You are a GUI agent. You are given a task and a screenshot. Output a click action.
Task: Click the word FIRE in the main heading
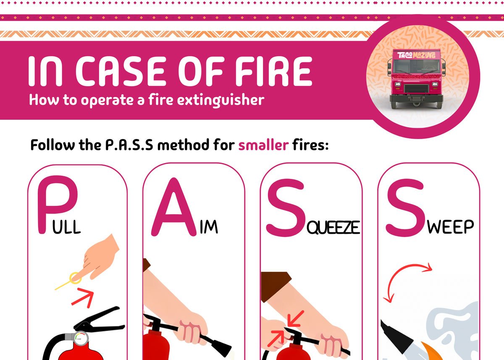(273, 71)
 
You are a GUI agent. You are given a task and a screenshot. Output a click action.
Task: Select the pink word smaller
(263, 145)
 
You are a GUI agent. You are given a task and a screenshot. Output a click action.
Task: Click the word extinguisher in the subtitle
(221, 100)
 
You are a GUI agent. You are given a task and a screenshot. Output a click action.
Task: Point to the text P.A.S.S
(129, 145)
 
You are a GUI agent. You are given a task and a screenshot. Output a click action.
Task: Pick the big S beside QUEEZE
(286, 208)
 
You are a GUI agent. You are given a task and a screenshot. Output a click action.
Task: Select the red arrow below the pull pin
(83, 297)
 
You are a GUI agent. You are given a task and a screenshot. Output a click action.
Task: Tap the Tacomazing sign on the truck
(416, 55)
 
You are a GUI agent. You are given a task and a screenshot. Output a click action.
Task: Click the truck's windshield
(416, 67)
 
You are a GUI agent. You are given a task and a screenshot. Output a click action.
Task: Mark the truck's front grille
(416, 89)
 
